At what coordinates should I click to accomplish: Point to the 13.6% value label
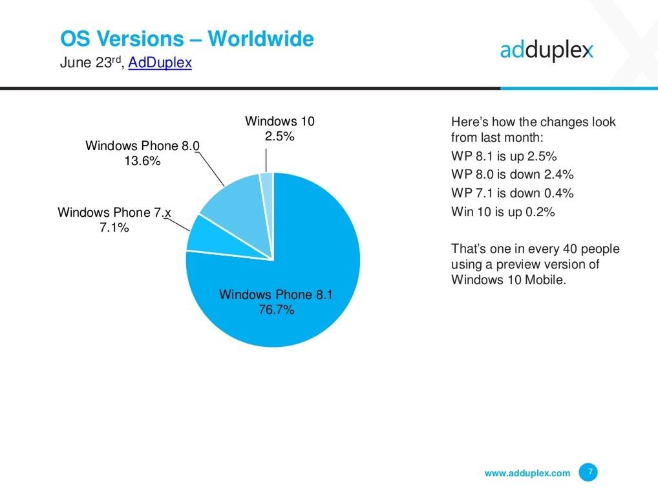142,162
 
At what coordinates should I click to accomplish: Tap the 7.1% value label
114,227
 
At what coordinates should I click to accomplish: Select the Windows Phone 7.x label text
114,212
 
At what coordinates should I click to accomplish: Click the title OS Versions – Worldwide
187,39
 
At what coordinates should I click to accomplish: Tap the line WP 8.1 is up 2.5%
504,157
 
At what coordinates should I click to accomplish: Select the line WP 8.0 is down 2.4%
512,175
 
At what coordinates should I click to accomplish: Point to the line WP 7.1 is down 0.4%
512,193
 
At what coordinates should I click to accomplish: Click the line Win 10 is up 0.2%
502,212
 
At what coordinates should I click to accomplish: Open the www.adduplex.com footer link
527,473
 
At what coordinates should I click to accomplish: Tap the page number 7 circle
588,472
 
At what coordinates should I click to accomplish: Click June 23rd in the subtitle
90,63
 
